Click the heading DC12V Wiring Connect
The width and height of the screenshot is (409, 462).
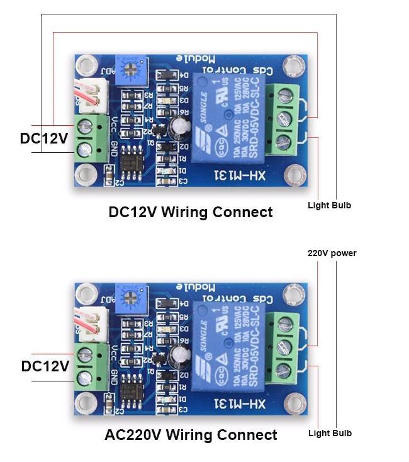191,212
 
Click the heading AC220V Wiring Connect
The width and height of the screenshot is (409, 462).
191,435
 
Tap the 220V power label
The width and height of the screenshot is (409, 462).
332,254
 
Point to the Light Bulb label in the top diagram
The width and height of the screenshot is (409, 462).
329,206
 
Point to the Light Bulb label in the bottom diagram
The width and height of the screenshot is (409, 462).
330,433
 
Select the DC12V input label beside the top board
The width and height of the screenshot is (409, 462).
43,138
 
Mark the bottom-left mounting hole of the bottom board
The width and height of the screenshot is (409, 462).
87,402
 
